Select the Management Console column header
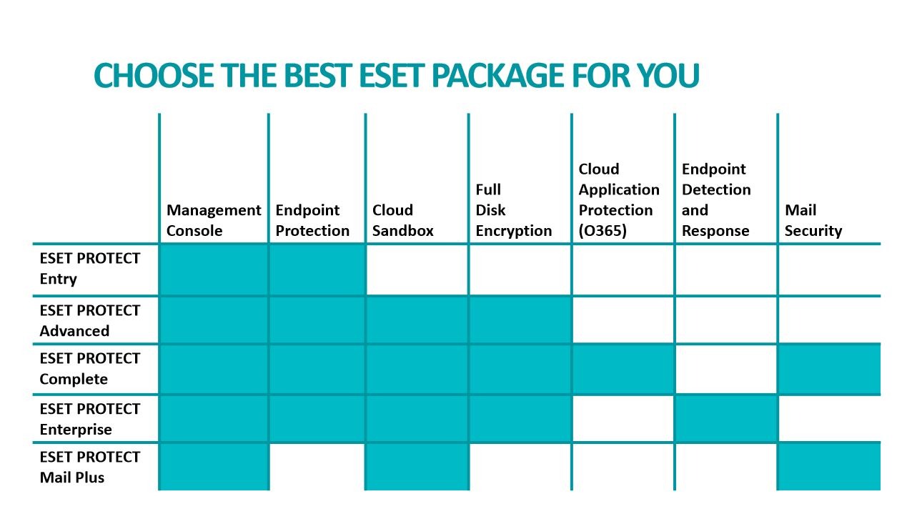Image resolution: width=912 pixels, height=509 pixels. tap(214, 220)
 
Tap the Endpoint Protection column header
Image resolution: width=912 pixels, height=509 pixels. tap(312, 220)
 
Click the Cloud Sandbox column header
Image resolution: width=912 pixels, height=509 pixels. tap(402, 220)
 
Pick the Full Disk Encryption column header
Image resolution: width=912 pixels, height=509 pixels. tap(513, 210)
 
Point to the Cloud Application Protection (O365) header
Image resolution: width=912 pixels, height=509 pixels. tap(619, 199)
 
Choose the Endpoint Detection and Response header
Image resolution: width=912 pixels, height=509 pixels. tap(716, 199)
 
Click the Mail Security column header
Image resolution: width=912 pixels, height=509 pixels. tap(813, 220)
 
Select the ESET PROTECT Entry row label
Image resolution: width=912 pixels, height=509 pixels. tap(89, 268)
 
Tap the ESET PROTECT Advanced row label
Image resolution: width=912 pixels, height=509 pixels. tap(89, 320)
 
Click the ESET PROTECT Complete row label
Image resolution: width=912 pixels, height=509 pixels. tap(89, 368)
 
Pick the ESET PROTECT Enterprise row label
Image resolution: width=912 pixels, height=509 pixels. tap(89, 419)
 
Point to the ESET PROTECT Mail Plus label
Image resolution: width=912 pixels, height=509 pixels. tap(89, 467)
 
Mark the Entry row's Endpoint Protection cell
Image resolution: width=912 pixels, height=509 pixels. tap(317, 270)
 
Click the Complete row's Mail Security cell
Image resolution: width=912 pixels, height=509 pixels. tap(829, 370)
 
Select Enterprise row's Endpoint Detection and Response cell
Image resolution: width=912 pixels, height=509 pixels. tap(726, 419)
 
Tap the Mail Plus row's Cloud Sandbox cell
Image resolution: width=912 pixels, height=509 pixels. tap(417, 467)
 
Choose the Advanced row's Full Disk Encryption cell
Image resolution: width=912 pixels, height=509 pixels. tap(520, 320)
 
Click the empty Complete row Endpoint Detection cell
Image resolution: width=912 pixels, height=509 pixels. tap(726, 370)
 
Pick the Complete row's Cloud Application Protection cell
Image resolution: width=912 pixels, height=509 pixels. tap(623, 370)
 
